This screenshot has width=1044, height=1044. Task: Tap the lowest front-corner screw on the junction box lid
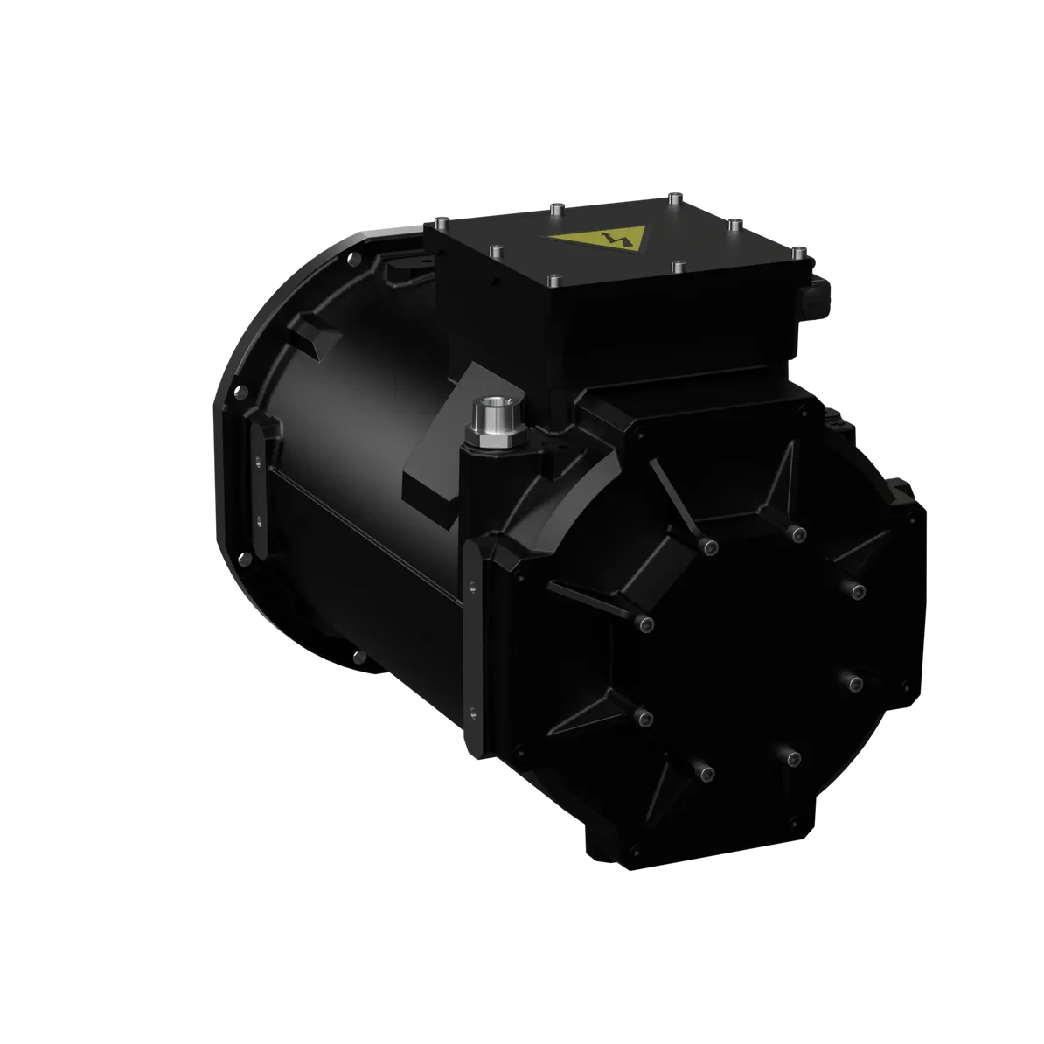[x=554, y=282]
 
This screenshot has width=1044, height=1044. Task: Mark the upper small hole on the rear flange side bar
[x=260, y=458]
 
